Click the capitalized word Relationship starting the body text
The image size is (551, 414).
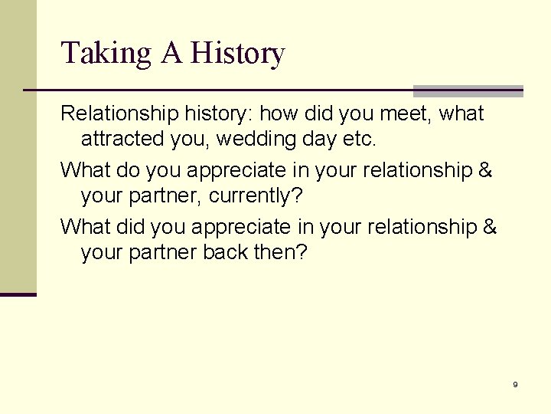119,114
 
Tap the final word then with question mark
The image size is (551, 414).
280,252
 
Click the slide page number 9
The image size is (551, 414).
515,384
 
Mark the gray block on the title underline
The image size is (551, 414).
468,90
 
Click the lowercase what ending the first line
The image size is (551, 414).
461,114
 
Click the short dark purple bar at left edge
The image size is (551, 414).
18,294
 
